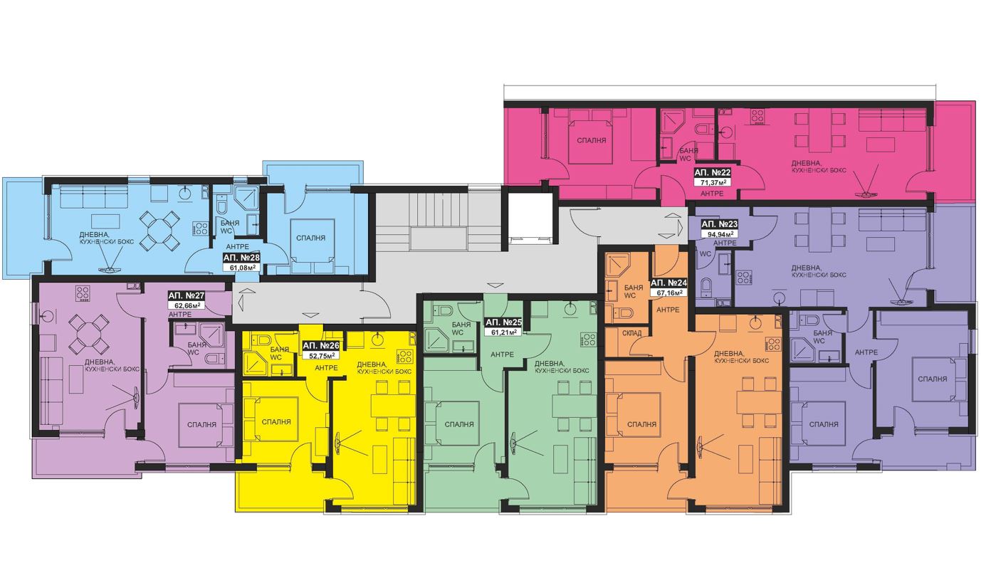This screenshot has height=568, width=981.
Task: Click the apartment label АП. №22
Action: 713,172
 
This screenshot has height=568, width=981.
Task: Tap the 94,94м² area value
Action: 720,234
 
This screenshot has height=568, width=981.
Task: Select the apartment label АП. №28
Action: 241,258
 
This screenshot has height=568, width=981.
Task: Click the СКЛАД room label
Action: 631,333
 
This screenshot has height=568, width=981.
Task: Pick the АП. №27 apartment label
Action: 187,295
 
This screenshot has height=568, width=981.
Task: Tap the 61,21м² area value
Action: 503,332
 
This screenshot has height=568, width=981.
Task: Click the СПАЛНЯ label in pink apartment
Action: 591,141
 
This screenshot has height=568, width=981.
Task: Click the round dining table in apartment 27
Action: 88,335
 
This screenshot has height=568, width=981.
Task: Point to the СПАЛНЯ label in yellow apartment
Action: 276,422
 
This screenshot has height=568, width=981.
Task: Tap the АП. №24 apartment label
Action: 668,283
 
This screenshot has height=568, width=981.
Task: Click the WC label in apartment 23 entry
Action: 705,253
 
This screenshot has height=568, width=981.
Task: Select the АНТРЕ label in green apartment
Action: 502,354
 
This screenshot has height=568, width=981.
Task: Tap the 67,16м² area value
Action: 668,293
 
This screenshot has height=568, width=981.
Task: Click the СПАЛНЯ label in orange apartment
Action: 641,424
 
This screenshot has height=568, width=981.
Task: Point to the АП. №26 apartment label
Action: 321,345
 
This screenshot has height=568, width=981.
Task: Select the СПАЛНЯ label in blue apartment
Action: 310,238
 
